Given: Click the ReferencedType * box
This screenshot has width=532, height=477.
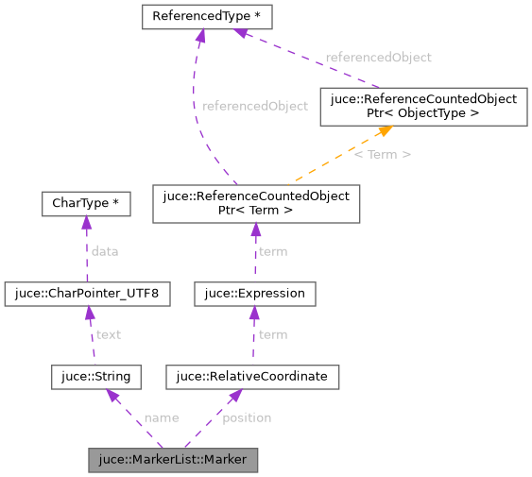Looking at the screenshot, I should coord(208,17).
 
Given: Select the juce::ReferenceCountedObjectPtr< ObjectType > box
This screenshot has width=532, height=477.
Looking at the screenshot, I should coord(422,106).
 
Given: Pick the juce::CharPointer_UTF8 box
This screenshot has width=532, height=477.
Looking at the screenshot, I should coord(87,294).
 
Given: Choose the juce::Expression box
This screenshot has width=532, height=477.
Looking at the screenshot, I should coord(254,294).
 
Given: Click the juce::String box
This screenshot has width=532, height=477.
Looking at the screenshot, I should coord(96,377).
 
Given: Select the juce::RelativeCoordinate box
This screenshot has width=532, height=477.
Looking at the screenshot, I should coord(251,377).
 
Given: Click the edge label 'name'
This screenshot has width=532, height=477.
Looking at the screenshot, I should coord(161,417).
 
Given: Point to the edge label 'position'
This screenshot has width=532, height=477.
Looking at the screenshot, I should coord(247,417).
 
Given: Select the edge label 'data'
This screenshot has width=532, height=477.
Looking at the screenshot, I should coord(104,251).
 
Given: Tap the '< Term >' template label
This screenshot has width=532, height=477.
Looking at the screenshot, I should coord(382,154).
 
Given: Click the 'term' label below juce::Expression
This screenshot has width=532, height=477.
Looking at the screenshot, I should coord(272,334).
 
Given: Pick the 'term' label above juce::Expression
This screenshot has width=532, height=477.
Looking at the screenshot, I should coord(272,251).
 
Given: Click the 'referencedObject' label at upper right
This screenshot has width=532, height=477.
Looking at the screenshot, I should coord(378,58).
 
